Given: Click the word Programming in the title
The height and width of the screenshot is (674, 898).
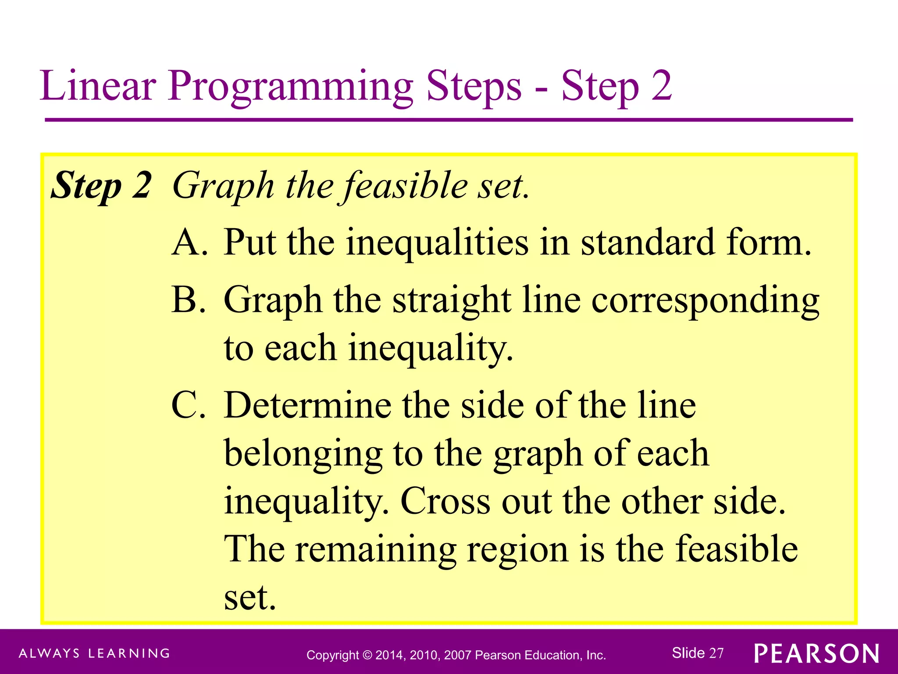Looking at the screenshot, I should (x=290, y=86).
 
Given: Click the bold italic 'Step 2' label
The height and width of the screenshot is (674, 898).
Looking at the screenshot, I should (x=101, y=186).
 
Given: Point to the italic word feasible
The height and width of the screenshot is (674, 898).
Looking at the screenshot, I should (x=406, y=186).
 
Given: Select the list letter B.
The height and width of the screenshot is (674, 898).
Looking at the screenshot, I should (x=189, y=300).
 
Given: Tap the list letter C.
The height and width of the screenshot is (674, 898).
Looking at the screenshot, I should (x=189, y=405).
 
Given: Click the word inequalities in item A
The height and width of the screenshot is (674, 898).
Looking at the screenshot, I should (x=437, y=243).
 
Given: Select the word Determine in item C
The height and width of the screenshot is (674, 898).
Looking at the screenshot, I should (x=307, y=405).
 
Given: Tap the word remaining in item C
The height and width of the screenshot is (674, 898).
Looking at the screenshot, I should (x=375, y=550).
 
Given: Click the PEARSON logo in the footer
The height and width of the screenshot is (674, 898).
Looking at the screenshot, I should (x=816, y=654).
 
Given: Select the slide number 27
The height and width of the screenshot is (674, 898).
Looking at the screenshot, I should (x=716, y=653).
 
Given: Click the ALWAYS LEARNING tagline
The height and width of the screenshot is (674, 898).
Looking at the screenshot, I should (x=94, y=653).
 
